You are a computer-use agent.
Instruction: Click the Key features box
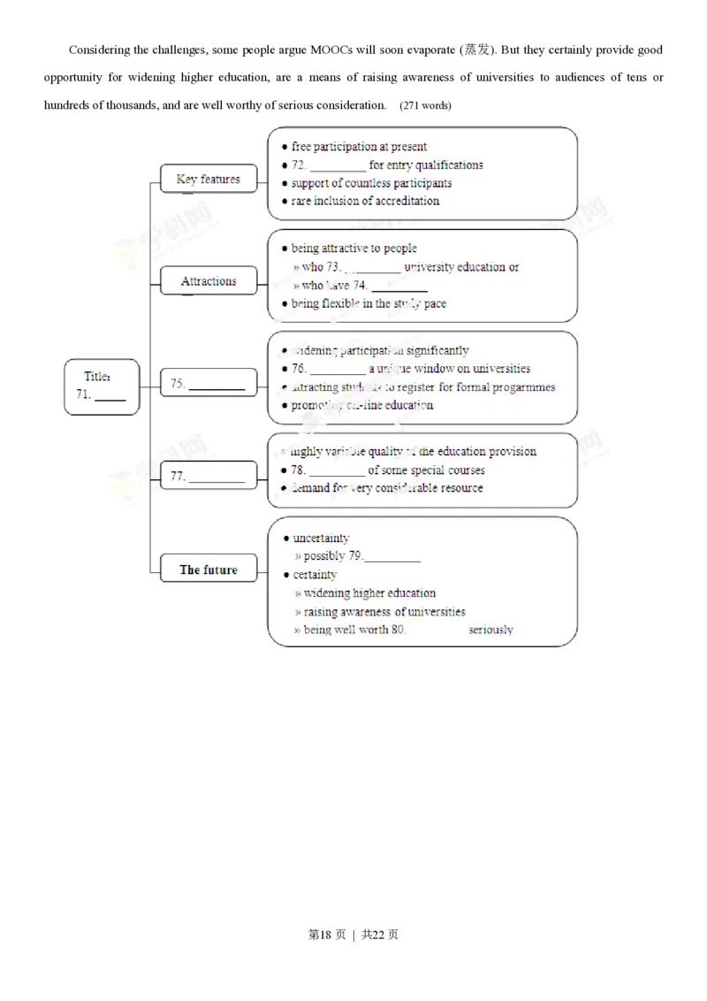tap(208, 179)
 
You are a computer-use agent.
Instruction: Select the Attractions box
tap(209, 281)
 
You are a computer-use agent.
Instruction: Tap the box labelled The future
tap(209, 569)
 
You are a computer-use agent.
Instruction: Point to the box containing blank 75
tap(209, 384)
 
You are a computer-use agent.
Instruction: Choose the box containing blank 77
tap(209, 476)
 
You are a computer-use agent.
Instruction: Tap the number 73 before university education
tap(333, 267)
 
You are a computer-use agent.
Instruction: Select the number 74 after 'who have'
tap(359, 286)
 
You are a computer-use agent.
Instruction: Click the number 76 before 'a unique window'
tap(299, 369)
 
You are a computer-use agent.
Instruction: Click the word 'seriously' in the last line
tap(490, 630)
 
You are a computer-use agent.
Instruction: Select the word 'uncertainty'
tap(321, 538)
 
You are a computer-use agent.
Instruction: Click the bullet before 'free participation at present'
tap(283, 148)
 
